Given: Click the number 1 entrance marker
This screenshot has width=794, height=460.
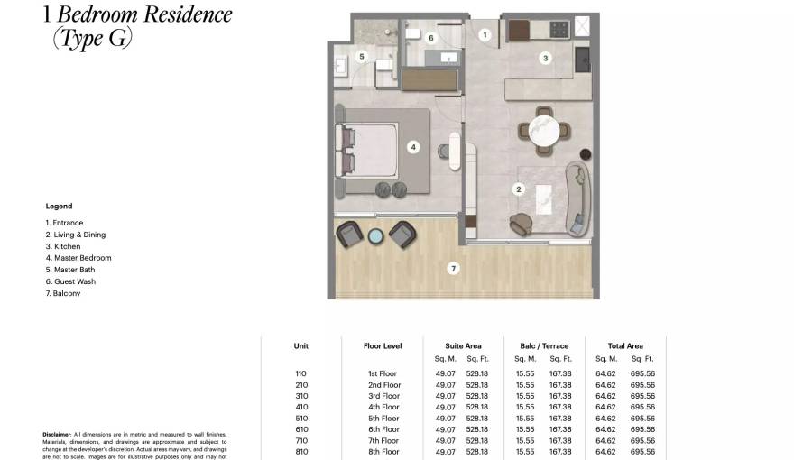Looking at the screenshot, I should coord(485,35).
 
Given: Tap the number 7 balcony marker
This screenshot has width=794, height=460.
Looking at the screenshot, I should coord(454,268).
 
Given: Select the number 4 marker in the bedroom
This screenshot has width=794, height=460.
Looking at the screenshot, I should coord(412,146).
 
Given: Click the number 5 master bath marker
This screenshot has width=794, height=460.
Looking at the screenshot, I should coord(362,56).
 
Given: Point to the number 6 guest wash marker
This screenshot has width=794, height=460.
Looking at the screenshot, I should coord(430,38).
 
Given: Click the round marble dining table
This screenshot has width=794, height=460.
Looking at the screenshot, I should coord(544,127).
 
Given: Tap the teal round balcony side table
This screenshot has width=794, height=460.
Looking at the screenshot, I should coord(375,236).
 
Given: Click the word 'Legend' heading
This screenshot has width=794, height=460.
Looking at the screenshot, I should coord(59,207).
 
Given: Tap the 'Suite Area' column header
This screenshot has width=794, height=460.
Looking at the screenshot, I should coord(463,345).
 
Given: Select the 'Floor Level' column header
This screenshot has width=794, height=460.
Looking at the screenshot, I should coord(383,345).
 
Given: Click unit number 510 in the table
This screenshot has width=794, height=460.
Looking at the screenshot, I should coord(300,419).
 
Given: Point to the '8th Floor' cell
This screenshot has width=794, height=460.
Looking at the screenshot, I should coord(383,452).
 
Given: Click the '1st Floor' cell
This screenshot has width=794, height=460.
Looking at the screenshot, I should coord(383,373).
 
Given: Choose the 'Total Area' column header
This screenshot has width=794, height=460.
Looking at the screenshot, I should coord(624,345).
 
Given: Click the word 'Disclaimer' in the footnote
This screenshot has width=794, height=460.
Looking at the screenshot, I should coord(56,435).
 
